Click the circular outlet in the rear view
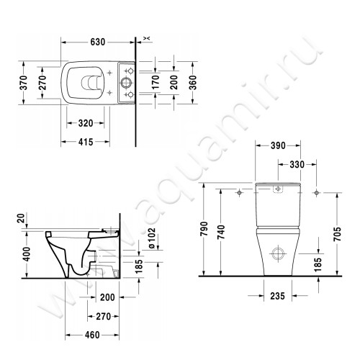pos(277,253)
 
